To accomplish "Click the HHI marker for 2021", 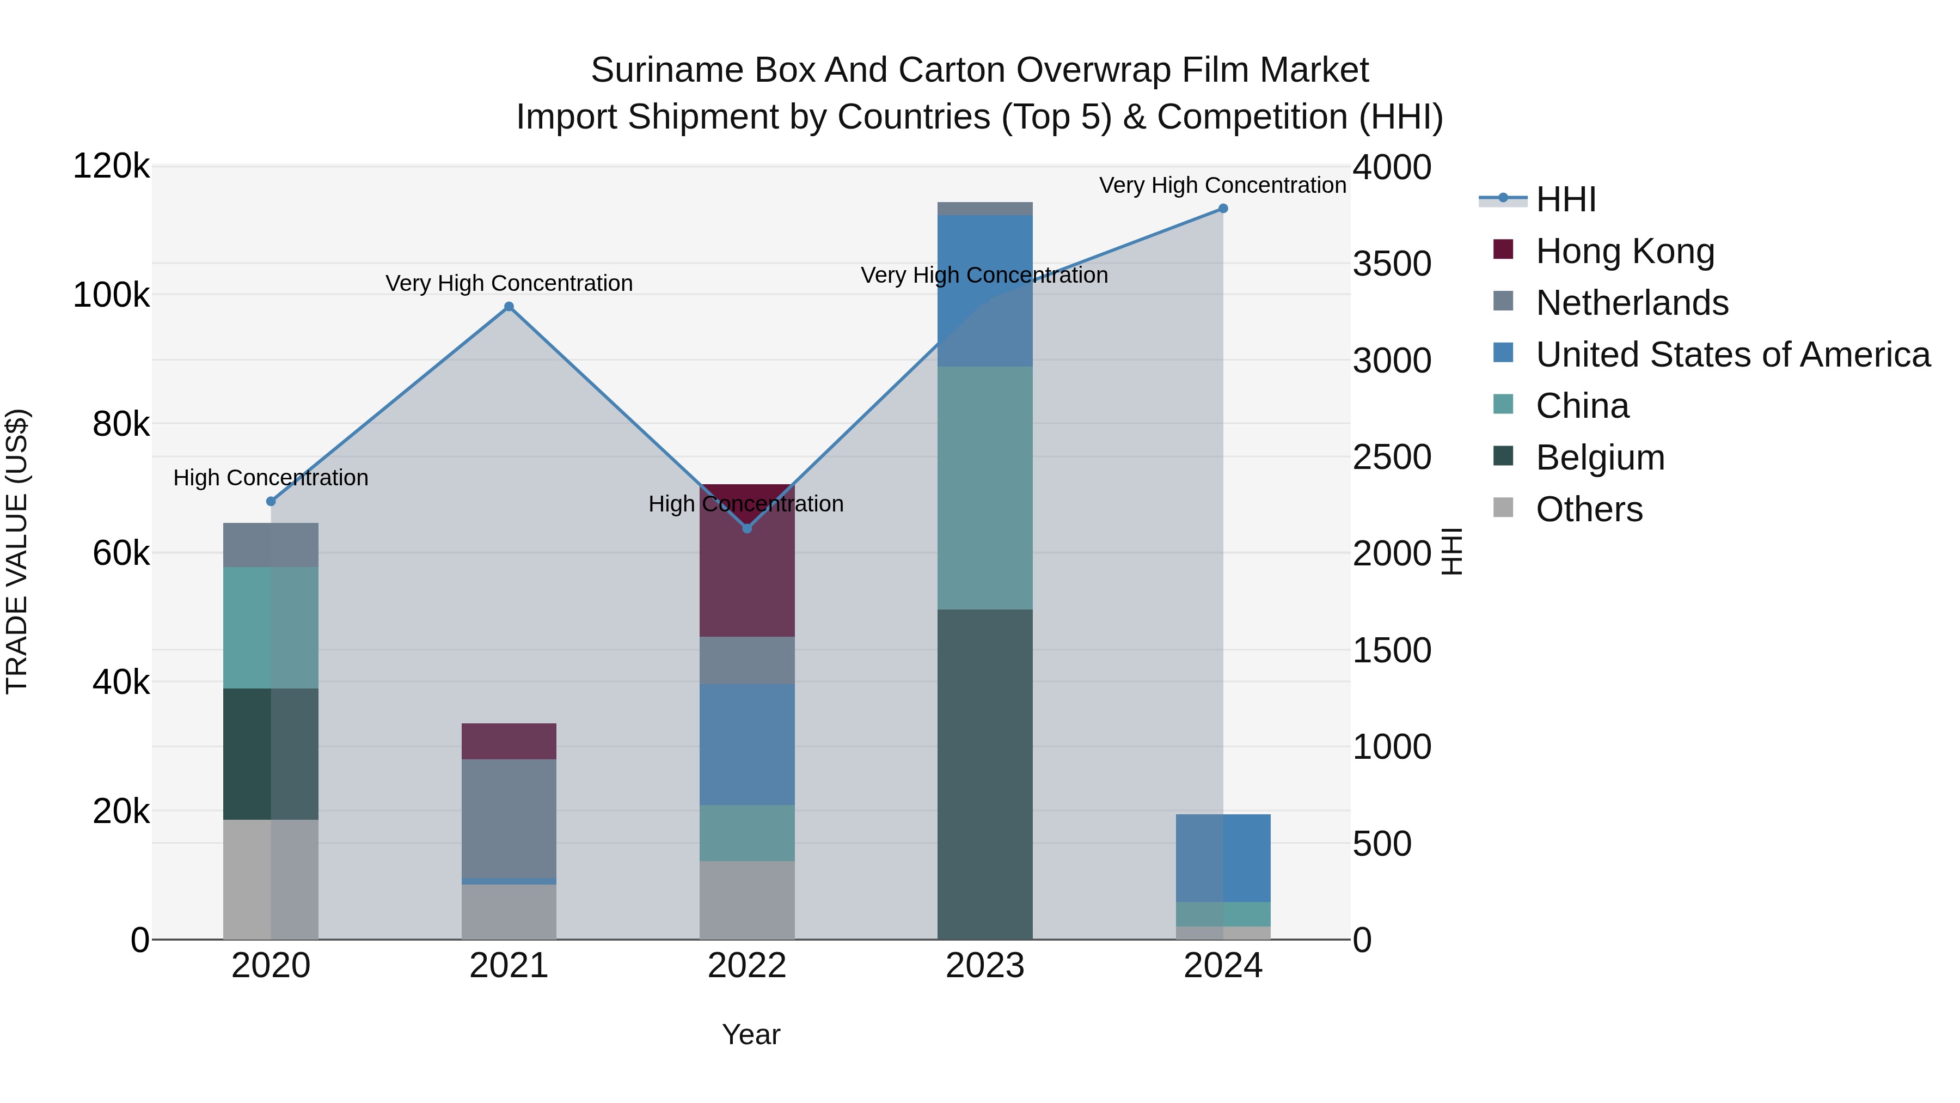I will click(x=509, y=307).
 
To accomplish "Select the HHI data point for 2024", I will click(x=1223, y=209).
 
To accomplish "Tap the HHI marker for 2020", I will click(x=271, y=501).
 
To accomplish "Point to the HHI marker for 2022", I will click(x=747, y=528).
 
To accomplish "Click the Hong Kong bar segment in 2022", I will click(x=747, y=578).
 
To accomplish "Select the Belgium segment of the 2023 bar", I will click(x=984, y=772).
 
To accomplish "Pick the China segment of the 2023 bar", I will click(x=984, y=487).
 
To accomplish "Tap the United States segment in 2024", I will click(x=1223, y=858).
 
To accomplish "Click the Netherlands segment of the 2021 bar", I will click(x=509, y=818).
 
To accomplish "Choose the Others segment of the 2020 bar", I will click(x=271, y=879).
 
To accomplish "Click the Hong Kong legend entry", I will click(x=1625, y=251).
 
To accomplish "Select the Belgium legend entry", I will click(x=1600, y=458).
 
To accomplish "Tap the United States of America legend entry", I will click(x=1732, y=355).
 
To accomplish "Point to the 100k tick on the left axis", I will click(x=111, y=295).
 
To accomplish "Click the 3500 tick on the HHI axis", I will click(x=1392, y=264).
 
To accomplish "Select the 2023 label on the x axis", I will click(x=984, y=966).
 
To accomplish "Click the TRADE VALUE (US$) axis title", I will click(x=17, y=551).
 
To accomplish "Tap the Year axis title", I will click(x=751, y=1034).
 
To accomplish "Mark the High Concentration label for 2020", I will click(x=271, y=477).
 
